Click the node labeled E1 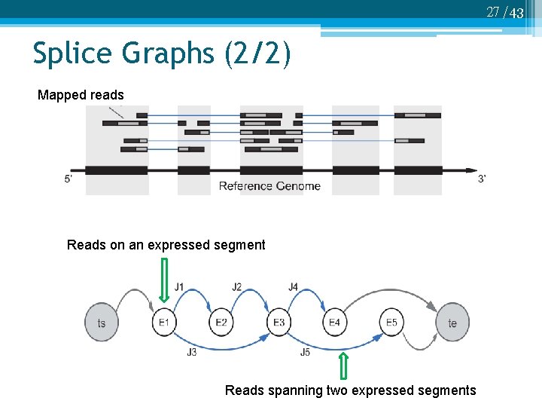[x=163, y=323]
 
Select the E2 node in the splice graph [x=221, y=323]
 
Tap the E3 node [x=279, y=323]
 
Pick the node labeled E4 [x=335, y=323]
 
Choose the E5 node [x=391, y=323]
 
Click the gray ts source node [x=102, y=323]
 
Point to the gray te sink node [x=452, y=323]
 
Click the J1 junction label [x=179, y=286]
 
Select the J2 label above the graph [x=237, y=286]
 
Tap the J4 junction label [x=294, y=286]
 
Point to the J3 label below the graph [x=191, y=352]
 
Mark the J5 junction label [x=305, y=352]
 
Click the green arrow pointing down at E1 [x=164, y=279]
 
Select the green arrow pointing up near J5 [x=343, y=365]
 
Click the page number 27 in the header [x=493, y=11]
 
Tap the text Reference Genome [x=269, y=186]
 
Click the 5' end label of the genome [x=69, y=179]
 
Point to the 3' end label [x=482, y=179]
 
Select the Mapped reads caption [x=81, y=95]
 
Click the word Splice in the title [x=74, y=54]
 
